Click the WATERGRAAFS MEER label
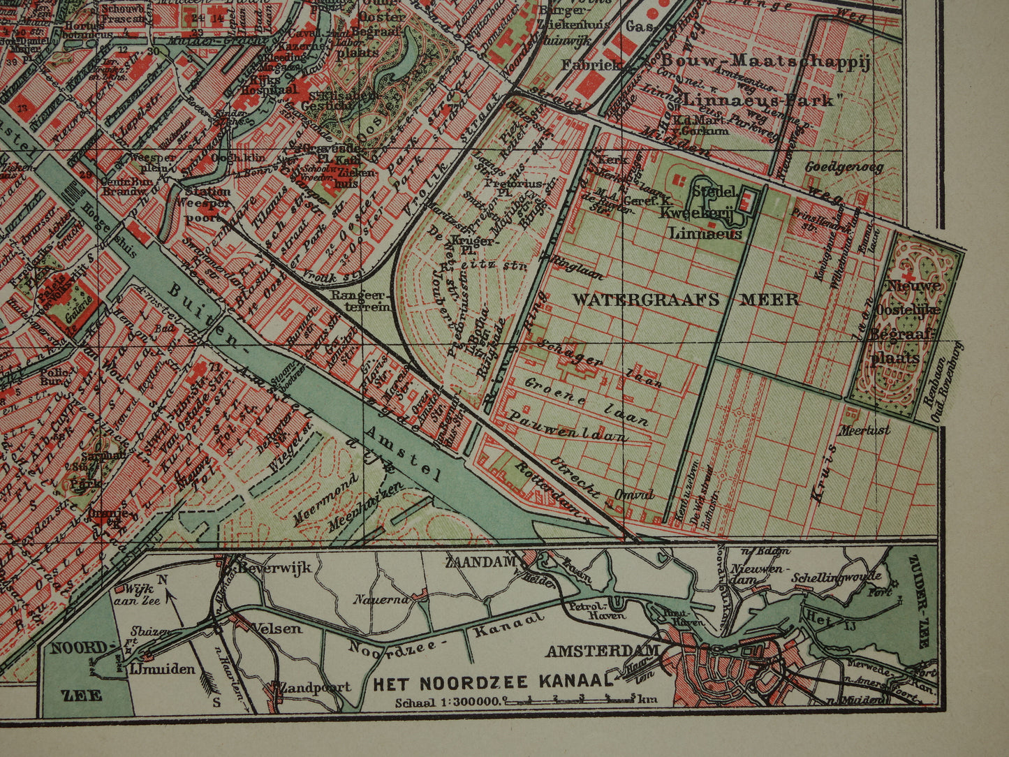[x=686, y=300]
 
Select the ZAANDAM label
[x=481, y=559]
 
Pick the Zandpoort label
[x=316, y=686]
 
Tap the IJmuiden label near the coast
[x=162, y=669]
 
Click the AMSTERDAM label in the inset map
[x=603, y=652]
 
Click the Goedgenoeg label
[x=844, y=168]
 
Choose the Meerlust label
[x=865, y=430]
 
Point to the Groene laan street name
[x=586, y=399]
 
